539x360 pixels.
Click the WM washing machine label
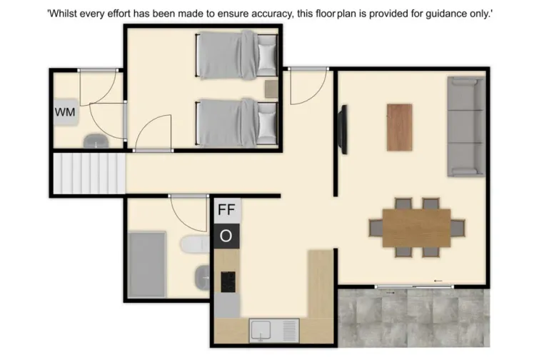pyautogui.click(x=66, y=112)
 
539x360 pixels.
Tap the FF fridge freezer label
pyautogui.click(x=226, y=210)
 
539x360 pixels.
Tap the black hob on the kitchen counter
pyautogui.click(x=228, y=281)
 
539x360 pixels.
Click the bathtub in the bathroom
pyautogui.click(x=148, y=264)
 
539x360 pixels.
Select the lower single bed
pyautogui.click(x=236, y=122)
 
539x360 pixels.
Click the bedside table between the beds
pyautogui.click(x=271, y=89)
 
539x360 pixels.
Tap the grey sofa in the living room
pyautogui.click(x=465, y=126)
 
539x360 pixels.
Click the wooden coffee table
pyautogui.click(x=400, y=127)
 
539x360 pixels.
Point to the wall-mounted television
pyautogui.click(x=343, y=129)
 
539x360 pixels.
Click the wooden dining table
pyautogui.click(x=416, y=227)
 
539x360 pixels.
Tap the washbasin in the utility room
pyautogui.click(x=94, y=141)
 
